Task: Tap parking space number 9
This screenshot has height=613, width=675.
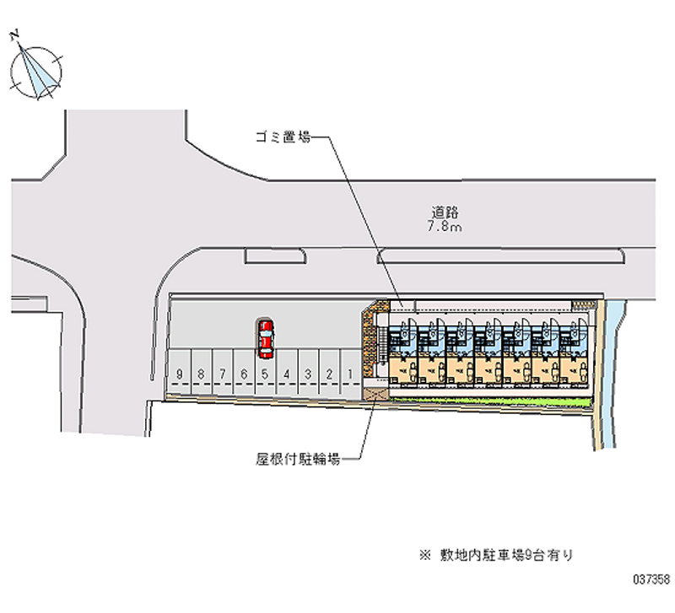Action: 179,373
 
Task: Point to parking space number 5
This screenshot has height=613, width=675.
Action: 265,373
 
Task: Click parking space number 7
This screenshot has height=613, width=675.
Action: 222,373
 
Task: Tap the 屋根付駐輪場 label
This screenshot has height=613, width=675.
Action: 298,460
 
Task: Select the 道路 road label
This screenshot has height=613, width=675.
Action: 445,212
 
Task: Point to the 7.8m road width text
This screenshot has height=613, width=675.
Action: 445,228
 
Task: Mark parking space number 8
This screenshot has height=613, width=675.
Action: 201,373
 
